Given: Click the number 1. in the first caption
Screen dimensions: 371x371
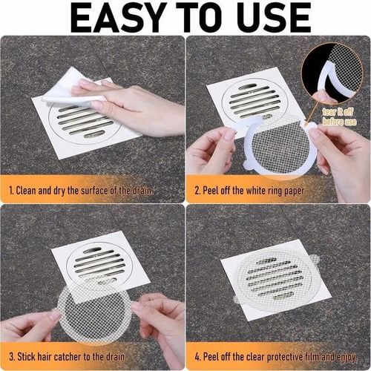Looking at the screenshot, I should pos(11,191).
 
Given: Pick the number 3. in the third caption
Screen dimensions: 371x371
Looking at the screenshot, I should pos(11,355).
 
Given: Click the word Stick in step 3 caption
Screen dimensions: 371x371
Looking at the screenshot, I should pos(31,355).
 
